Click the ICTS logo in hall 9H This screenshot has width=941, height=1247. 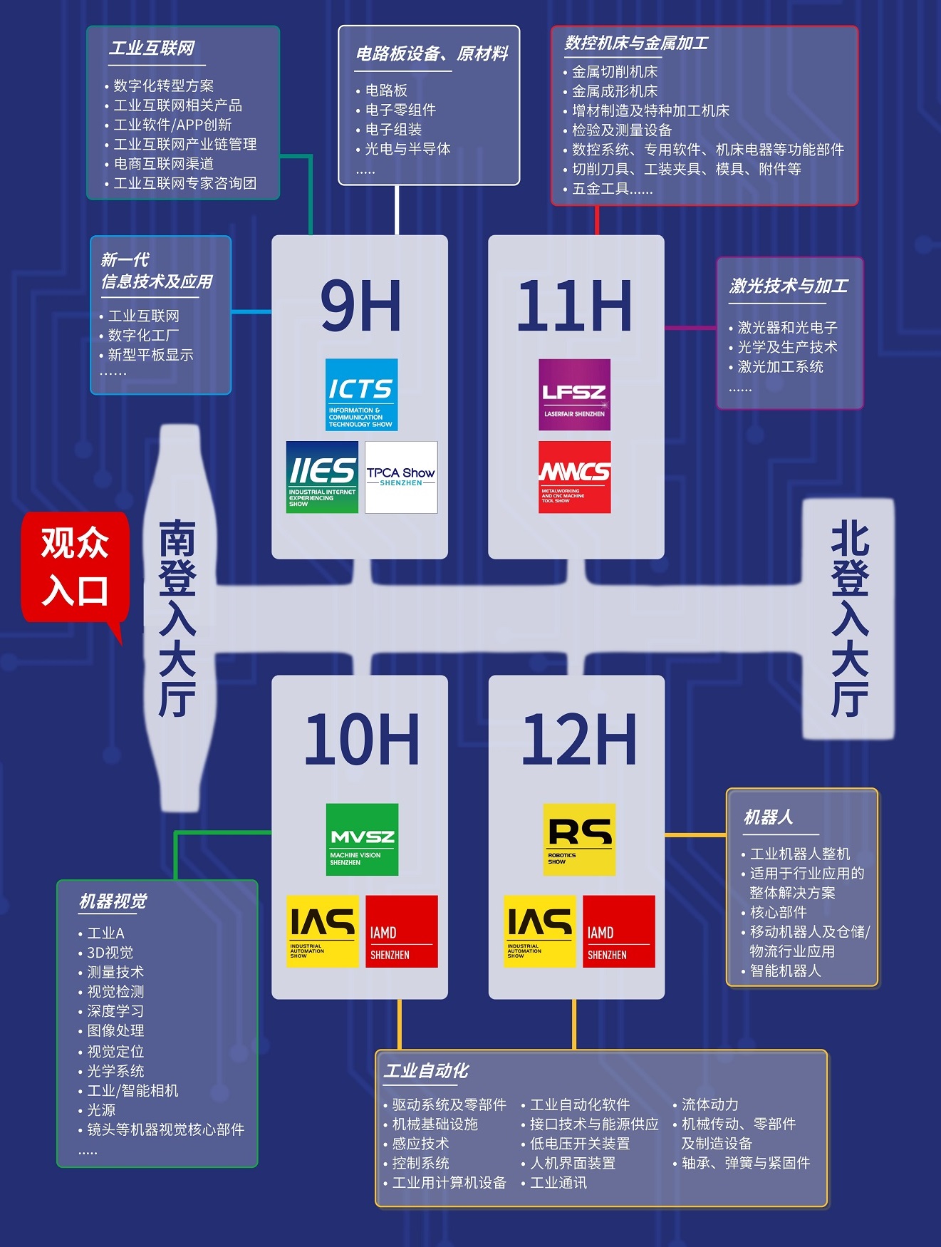coord(361,395)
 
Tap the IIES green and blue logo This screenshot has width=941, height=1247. coord(322,477)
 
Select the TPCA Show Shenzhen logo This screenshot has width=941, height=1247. coord(401,477)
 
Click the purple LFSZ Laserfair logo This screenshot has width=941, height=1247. coord(574,395)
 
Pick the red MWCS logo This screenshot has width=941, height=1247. coord(574,477)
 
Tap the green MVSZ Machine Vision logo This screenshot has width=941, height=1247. coord(362,839)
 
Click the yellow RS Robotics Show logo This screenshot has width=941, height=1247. coord(579,839)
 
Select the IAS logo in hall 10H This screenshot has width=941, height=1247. coord(322,931)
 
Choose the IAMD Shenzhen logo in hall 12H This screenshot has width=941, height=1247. coord(618,931)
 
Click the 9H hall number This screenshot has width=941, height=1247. coord(360,306)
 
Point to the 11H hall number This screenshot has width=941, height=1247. coord(574,306)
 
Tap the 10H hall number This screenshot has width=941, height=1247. coord(361,739)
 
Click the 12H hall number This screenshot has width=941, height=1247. coord(578,739)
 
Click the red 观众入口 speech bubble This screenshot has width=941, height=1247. coord(75,567)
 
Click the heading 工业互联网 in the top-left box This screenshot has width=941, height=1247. coord(152,48)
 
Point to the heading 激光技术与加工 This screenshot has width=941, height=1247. coord(789,286)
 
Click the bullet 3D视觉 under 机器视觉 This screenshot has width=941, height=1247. coord(110,953)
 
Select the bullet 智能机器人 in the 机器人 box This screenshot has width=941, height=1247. coord(785,971)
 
